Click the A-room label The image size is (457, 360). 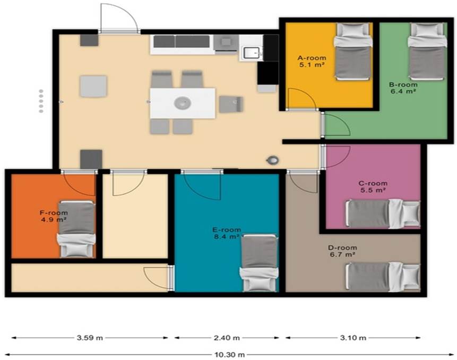312,58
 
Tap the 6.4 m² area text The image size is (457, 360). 403,91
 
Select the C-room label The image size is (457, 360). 373,183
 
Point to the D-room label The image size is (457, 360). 342,248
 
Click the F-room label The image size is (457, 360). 54,213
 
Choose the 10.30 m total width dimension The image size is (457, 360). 230,355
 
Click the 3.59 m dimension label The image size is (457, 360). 90,338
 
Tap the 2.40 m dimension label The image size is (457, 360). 227,338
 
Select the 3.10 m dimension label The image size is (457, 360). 353,338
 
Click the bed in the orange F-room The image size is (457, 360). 77,229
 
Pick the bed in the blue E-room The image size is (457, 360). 259,263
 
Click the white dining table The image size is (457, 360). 183,103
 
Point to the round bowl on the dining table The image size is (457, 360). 183,103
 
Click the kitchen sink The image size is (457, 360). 251,53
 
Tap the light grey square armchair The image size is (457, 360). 93,87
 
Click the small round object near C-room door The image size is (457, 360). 273,160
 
